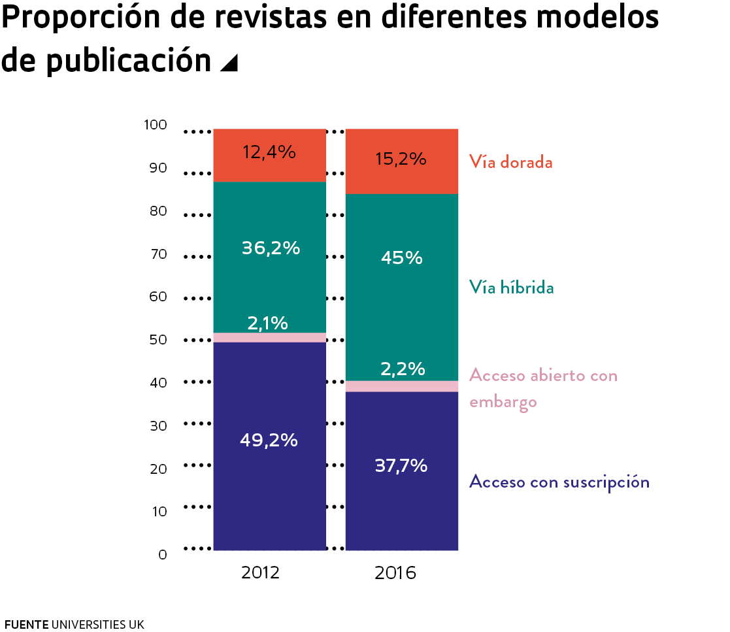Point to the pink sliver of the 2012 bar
[x=269, y=337]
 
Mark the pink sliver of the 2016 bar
[x=401, y=386]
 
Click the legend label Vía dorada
[x=510, y=162]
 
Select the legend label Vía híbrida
[x=511, y=288]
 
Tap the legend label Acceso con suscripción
[x=559, y=482]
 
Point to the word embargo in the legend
[x=503, y=401]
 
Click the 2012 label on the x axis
[x=260, y=573]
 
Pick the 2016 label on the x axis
[x=395, y=573]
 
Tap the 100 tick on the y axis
[x=156, y=125]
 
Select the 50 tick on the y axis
[x=159, y=340]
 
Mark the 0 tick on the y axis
[x=163, y=555]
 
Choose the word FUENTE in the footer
[x=26, y=624]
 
